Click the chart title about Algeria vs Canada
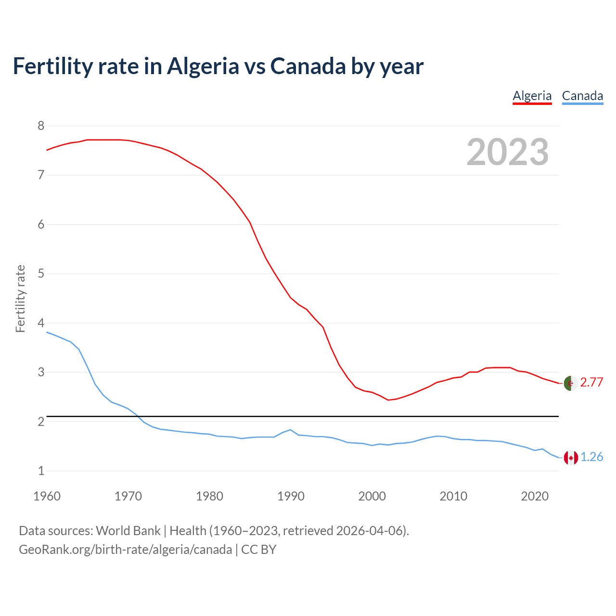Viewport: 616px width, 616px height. [x=218, y=66]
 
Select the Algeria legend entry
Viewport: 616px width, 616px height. [x=532, y=96]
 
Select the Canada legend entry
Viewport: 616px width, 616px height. [x=582, y=96]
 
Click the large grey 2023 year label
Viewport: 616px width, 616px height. [x=507, y=152]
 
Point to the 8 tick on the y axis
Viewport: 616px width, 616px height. [x=41, y=126]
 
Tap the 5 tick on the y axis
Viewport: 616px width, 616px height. [x=41, y=274]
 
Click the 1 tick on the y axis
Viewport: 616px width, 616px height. [x=41, y=471]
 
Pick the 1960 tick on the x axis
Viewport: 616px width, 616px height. [x=47, y=496]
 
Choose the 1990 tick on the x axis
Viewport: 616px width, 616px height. [x=291, y=496]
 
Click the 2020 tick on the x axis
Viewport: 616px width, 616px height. [x=535, y=496]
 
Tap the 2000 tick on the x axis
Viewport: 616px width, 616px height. [x=372, y=496]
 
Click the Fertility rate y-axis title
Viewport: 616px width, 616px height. [x=20, y=298]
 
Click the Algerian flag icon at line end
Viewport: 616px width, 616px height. [x=571, y=384]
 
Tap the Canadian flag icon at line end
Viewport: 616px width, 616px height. [x=571, y=458]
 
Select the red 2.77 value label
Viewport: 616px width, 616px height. [x=591, y=383]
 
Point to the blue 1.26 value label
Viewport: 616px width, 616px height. [x=591, y=457]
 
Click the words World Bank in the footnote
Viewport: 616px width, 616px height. [x=128, y=531]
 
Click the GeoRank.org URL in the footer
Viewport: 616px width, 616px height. [x=125, y=550]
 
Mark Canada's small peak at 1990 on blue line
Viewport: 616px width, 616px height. [x=290, y=429]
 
